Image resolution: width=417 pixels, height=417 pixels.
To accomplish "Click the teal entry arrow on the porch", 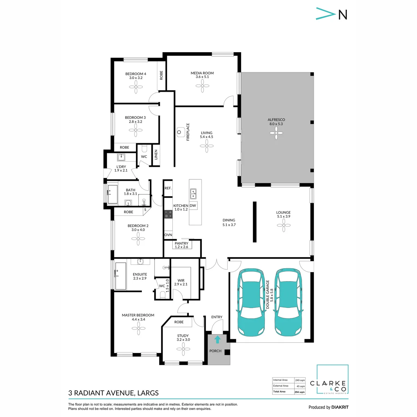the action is pyautogui.click(x=217, y=339).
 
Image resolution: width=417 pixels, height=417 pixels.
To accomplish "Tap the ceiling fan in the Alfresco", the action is pyautogui.click(x=276, y=133).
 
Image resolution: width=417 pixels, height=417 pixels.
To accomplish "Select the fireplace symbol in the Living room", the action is pyautogui.click(x=180, y=132).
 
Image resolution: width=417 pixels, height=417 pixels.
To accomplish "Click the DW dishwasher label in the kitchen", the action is pyautogui.click(x=193, y=205).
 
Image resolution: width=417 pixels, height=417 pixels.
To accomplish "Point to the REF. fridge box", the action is pyautogui.click(x=168, y=188).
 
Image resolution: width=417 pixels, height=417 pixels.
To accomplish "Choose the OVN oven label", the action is pyautogui.click(x=168, y=235).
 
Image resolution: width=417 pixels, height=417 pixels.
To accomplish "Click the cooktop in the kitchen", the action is pyautogui.click(x=168, y=214).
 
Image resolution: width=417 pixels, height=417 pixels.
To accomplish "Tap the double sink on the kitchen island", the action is pyautogui.click(x=193, y=194).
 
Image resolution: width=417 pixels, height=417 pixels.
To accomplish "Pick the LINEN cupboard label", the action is pyautogui.click(x=156, y=155).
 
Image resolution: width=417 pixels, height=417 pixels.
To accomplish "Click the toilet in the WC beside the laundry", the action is pyautogui.click(x=144, y=148).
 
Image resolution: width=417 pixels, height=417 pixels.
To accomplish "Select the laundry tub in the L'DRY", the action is pyautogui.click(x=121, y=157).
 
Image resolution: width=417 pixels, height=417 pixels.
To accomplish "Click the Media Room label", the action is pyautogui.click(x=202, y=73).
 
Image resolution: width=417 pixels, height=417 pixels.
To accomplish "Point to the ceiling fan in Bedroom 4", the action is pyautogui.click(x=136, y=87).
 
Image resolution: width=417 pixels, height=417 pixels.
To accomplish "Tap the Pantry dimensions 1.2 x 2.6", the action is pyautogui.click(x=181, y=247).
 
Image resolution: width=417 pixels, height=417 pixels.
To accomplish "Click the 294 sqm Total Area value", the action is pyautogui.click(x=300, y=392).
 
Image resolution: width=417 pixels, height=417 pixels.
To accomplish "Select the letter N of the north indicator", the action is pyautogui.click(x=343, y=15).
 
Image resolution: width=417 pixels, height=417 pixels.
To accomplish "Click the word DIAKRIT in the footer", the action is pyautogui.click(x=339, y=407).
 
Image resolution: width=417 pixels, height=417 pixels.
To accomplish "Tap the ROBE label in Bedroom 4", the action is pyautogui.click(x=161, y=75).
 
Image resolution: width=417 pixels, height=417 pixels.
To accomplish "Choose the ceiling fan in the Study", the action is pyautogui.click(x=183, y=349).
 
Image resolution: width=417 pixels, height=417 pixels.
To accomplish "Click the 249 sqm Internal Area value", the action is pyautogui.click(x=300, y=380).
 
